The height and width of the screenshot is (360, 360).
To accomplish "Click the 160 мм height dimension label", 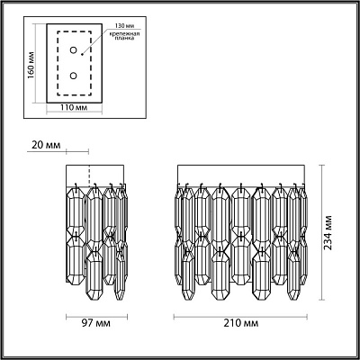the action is coord(31,66).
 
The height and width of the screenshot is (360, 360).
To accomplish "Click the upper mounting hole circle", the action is coord(73,50).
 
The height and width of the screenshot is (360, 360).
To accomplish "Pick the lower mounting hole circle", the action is coord(73,76).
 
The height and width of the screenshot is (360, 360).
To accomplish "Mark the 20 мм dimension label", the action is coord(46,145).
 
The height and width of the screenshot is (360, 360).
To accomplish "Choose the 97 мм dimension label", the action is coord(95,323).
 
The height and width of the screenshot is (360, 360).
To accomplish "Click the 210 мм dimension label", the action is coord(241,323).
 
